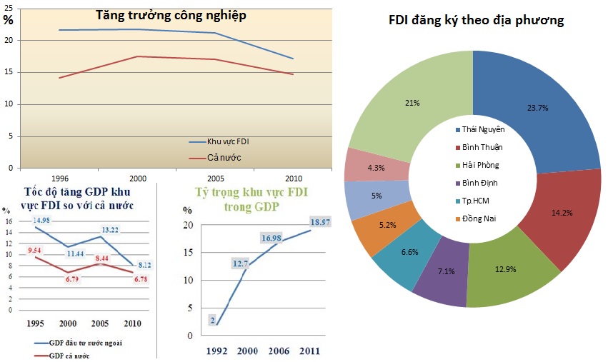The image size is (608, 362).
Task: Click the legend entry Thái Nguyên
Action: tap(483, 129)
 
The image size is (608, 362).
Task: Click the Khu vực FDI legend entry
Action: tap(228, 141)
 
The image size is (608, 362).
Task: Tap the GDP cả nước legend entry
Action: tap(69, 356)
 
